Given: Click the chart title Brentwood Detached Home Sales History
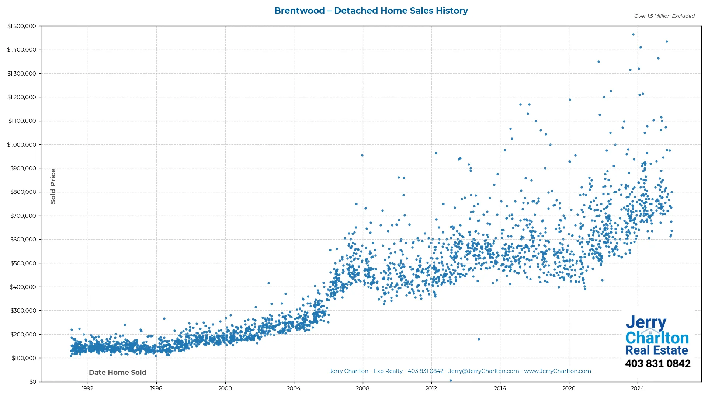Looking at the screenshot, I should click(371, 11).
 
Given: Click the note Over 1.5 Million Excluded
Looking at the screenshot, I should click(664, 16).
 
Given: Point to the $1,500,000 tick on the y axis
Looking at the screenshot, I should click(22, 26).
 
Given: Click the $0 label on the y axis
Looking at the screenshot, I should click(33, 382).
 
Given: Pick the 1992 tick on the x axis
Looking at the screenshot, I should click(87, 388).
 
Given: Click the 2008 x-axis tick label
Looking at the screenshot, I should click(362, 388).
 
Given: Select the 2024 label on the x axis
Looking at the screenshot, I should click(638, 388).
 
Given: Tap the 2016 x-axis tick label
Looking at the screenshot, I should click(500, 388).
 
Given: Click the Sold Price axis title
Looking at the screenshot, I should click(53, 186).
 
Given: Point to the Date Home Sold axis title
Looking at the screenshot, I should click(118, 373).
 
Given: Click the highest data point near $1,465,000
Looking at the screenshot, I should click(633, 35).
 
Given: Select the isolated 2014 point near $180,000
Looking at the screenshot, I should click(479, 339).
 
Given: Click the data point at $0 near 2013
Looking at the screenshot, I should click(451, 381).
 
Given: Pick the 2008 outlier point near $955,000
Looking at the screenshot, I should click(362, 156).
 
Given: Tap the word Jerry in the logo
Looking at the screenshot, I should click(646, 323).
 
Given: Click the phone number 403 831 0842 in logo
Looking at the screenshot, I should click(657, 364).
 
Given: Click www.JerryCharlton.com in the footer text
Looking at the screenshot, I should click(558, 371).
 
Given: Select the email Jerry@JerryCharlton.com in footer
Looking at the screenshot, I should click(483, 371).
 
